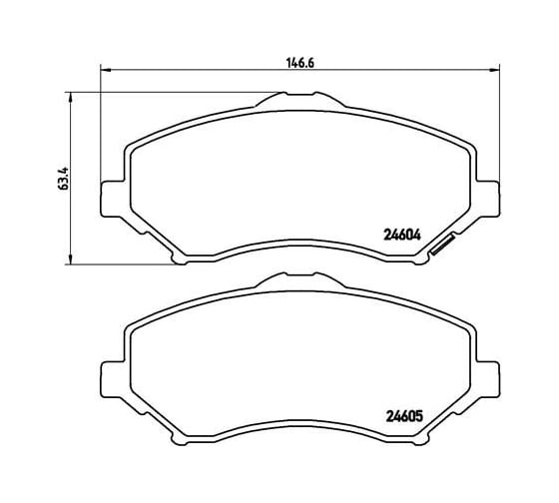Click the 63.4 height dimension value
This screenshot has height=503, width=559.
(64, 179)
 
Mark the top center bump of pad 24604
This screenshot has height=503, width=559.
(298, 98)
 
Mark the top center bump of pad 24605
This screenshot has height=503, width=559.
(298, 281)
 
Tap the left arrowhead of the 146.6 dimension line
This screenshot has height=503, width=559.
(105, 70)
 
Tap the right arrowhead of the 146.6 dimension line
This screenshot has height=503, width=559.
(492, 70)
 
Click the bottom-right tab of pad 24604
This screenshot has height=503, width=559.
(416, 259)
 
